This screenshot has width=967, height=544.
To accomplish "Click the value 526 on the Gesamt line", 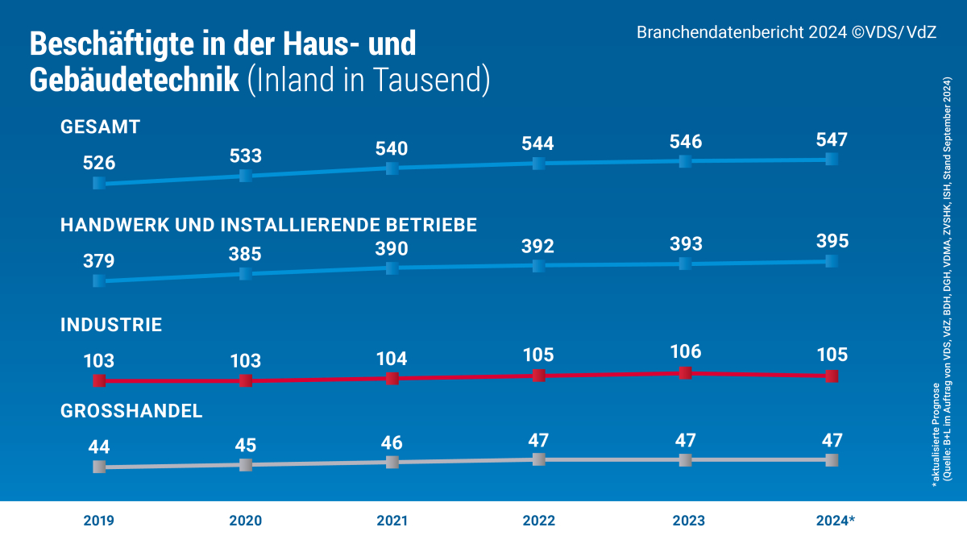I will click(99, 163).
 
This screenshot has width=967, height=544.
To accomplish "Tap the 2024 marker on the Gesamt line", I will click(832, 159).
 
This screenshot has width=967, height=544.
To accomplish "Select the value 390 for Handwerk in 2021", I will click(392, 248).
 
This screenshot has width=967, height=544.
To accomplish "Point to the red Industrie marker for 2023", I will click(685, 372).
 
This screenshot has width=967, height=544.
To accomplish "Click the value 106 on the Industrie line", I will click(685, 351).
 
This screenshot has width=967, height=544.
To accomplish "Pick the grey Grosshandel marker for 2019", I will click(99, 467).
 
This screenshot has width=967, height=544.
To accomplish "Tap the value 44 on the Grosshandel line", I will click(99, 446).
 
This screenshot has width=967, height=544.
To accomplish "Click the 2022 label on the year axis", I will click(538, 521).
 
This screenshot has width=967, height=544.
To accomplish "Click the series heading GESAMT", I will click(101, 127).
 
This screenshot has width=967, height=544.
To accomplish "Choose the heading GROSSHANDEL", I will click(131, 411).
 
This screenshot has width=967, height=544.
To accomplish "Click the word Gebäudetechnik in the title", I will click(134, 80).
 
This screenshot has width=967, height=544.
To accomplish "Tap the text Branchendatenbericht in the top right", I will click(722, 33).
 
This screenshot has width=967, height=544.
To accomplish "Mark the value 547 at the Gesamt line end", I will click(832, 139).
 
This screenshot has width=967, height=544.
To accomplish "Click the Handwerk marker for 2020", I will click(246, 274).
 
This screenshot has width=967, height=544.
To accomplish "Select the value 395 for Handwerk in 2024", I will click(832, 241).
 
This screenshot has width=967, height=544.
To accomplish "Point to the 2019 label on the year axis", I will click(99, 521).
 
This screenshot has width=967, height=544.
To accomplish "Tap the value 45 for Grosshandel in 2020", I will click(246, 445).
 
